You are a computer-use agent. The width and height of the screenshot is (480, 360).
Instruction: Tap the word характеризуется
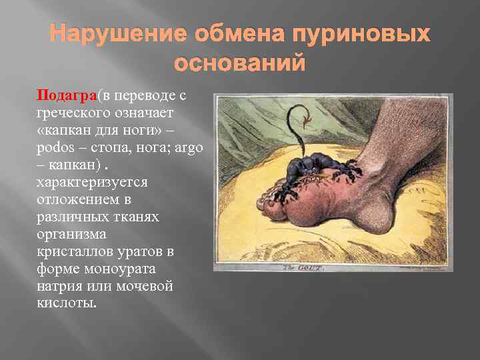(x=92, y=182)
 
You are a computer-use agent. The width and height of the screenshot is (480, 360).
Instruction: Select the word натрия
(x=60, y=286)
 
